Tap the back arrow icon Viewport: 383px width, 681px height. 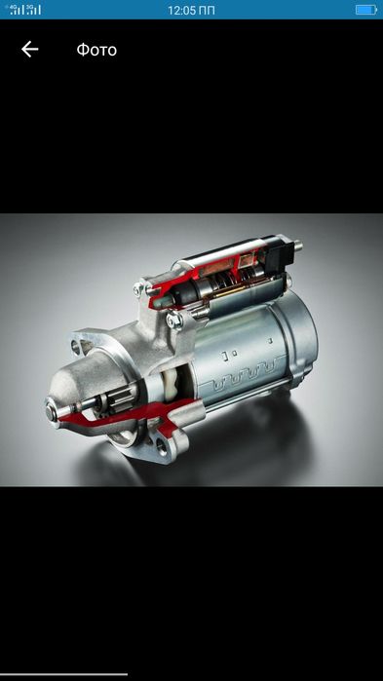point(29,50)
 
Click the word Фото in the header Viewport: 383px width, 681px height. point(96,50)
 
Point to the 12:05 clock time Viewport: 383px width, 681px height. point(182,10)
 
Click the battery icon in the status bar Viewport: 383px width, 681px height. point(366,10)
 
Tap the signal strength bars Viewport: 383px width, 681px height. point(26,10)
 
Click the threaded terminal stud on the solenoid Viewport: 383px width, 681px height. point(298,246)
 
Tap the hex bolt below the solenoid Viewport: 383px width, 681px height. point(174,320)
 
